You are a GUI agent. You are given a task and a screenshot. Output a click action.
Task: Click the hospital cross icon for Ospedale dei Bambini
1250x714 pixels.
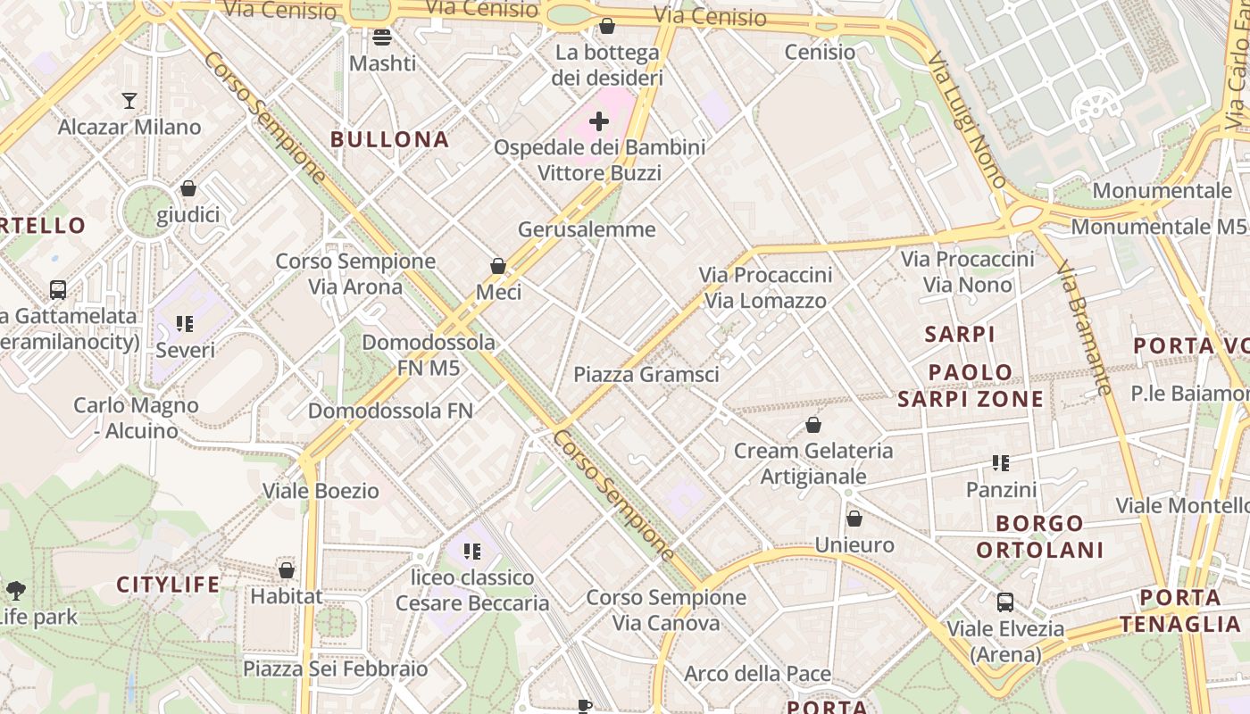tap(599, 121)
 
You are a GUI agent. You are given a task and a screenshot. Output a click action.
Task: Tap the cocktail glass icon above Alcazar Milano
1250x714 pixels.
tap(129, 100)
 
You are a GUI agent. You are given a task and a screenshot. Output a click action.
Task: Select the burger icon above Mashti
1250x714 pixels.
tap(382, 37)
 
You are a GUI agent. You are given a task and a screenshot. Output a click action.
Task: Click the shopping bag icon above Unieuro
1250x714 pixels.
tap(854, 519)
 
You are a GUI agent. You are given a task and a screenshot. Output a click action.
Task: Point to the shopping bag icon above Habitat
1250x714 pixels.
tap(287, 570)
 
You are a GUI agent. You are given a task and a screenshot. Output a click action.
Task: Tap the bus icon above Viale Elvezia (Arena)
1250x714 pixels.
tap(1005, 602)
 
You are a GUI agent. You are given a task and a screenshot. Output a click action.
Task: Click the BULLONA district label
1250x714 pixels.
tap(389, 139)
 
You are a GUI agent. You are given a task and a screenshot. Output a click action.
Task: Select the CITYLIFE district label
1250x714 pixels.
tap(168, 585)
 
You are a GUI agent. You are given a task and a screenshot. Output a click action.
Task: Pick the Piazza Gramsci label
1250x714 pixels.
tap(646, 375)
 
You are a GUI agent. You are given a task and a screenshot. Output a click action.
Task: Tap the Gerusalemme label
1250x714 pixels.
tap(587, 229)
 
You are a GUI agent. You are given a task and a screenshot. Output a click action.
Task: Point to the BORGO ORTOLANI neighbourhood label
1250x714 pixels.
tap(1039, 536)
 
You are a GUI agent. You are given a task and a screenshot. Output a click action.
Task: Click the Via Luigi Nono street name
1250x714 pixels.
tap(966, 120)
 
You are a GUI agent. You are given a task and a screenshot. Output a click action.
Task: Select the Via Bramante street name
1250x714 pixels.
tap(1085, 327)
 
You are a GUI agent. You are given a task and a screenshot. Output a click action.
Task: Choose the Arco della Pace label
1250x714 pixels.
tap(757, 674)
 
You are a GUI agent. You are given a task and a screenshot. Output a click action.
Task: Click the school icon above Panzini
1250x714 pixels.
tap(1001, 463)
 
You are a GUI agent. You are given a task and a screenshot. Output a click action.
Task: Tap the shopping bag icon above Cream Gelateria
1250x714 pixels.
tap(813, 425)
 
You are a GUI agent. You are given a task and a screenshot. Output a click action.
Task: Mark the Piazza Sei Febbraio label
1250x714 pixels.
tap(336, 668)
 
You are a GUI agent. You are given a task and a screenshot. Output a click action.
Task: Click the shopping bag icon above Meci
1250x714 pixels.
tap(498, 266)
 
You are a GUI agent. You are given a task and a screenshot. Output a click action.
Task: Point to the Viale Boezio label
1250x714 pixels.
tap(321, 491)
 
